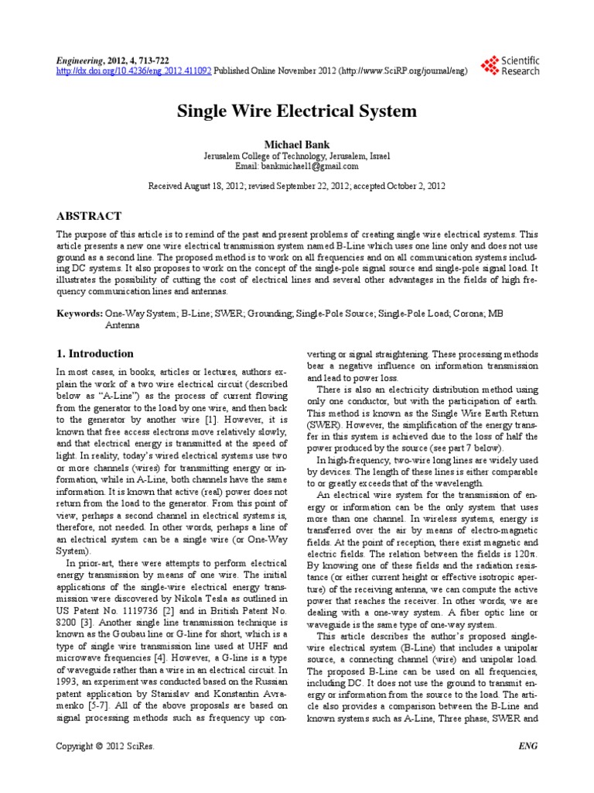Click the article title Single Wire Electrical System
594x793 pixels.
(x=297, y=111)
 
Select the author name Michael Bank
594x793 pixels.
(x=296, y=144)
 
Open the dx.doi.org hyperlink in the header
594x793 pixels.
(x=135, y=70)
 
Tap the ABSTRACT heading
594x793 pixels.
(x=89, y=215)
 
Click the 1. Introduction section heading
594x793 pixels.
(x=97, y=352)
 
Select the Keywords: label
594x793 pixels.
(x=80, y=315)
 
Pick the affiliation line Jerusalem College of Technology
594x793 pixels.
(x=297, y=156)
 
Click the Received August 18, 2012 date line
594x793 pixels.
(x=297, y=186)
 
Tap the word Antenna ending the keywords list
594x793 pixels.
(x=122, y=326)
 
